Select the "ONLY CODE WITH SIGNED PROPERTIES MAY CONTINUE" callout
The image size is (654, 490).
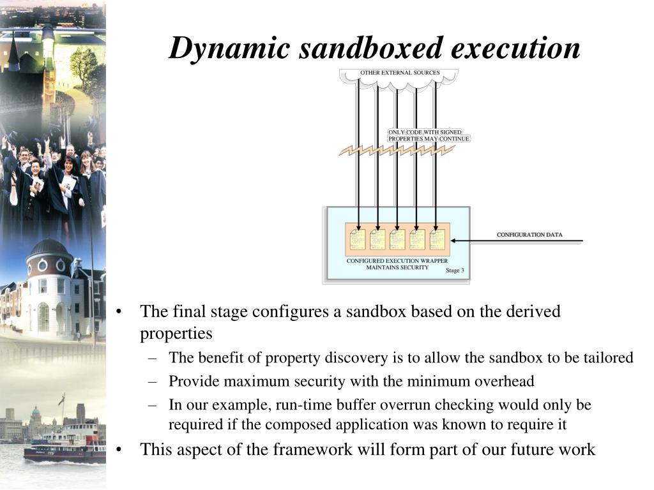pos(429,135)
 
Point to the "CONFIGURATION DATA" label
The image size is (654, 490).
pos(529,235)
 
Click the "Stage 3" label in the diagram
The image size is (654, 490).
pos(455,271)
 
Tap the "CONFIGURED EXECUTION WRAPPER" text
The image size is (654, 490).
pos(397,261)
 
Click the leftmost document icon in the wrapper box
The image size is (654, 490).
pos(358,239)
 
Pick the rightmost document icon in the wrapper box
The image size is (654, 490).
pos(437,239)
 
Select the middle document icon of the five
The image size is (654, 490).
pos(397,239)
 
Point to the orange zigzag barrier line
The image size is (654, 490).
pos(397,151)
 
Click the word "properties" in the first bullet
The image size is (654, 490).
pos(176,334)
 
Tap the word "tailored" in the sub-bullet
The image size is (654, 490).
pos(608,358)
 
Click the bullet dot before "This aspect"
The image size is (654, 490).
pos(119,450)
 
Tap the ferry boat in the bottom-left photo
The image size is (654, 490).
pos(64,443)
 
